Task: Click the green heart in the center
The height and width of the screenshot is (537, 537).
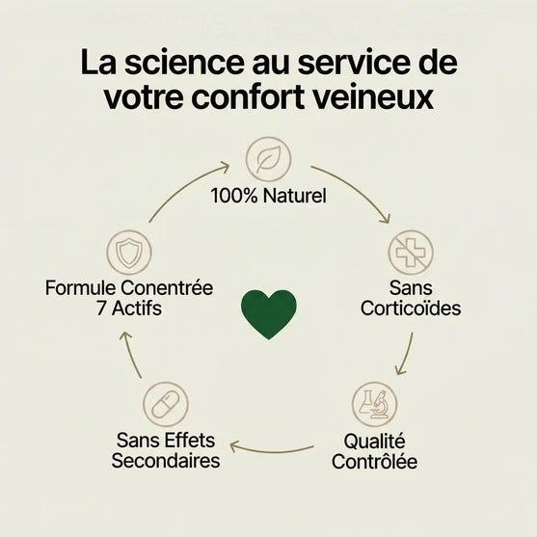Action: coord(269,313)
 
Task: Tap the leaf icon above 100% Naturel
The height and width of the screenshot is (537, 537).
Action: coord(268,159)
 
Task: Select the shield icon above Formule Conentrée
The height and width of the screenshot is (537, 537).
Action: coord(129,253)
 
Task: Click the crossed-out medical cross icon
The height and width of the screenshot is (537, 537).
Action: coord(411,253)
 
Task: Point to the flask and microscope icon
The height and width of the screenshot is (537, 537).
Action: coord(375,405)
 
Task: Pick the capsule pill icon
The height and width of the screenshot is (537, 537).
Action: coord(166,405)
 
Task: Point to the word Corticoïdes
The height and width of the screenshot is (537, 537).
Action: coord(411,309)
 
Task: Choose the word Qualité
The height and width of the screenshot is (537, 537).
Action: coord(374,442)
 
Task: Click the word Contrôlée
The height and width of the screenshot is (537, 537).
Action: coord(374,461)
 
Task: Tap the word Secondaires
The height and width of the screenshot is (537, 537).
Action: coord(166,460)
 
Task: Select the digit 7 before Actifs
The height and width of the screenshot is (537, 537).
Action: coord(101,309)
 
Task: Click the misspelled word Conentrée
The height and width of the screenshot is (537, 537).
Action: coord(167,287)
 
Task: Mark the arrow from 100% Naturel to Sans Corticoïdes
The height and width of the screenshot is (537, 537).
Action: coord(356,188)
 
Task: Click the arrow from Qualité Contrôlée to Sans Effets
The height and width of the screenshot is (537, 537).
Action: coord(271,450)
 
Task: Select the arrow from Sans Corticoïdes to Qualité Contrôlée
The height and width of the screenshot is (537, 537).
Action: coord(406,355)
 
